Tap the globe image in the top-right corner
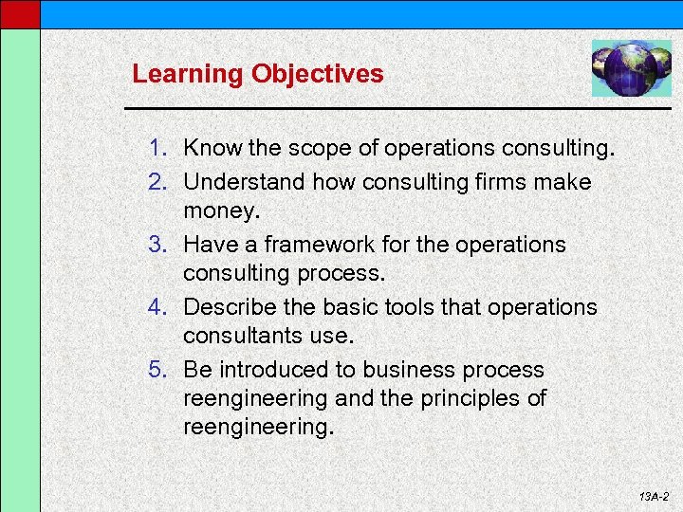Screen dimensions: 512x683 631,67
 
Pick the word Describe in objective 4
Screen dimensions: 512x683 227,307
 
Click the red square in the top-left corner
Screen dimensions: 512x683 20,13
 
